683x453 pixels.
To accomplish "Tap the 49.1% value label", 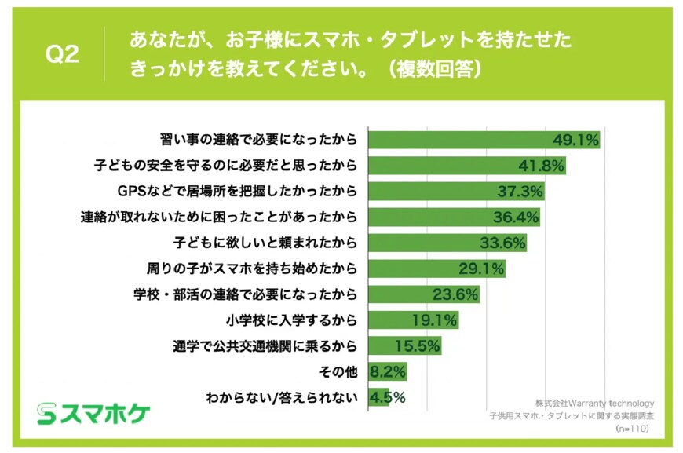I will (575, 141).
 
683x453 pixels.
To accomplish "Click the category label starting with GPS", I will (236, 192).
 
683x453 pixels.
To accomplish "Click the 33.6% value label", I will (502, 243).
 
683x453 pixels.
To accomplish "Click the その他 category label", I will (338, 371).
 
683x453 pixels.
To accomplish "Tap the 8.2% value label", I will (388, 371).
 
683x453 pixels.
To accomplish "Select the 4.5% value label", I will (388, 397).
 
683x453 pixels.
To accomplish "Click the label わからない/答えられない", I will (280, 397).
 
